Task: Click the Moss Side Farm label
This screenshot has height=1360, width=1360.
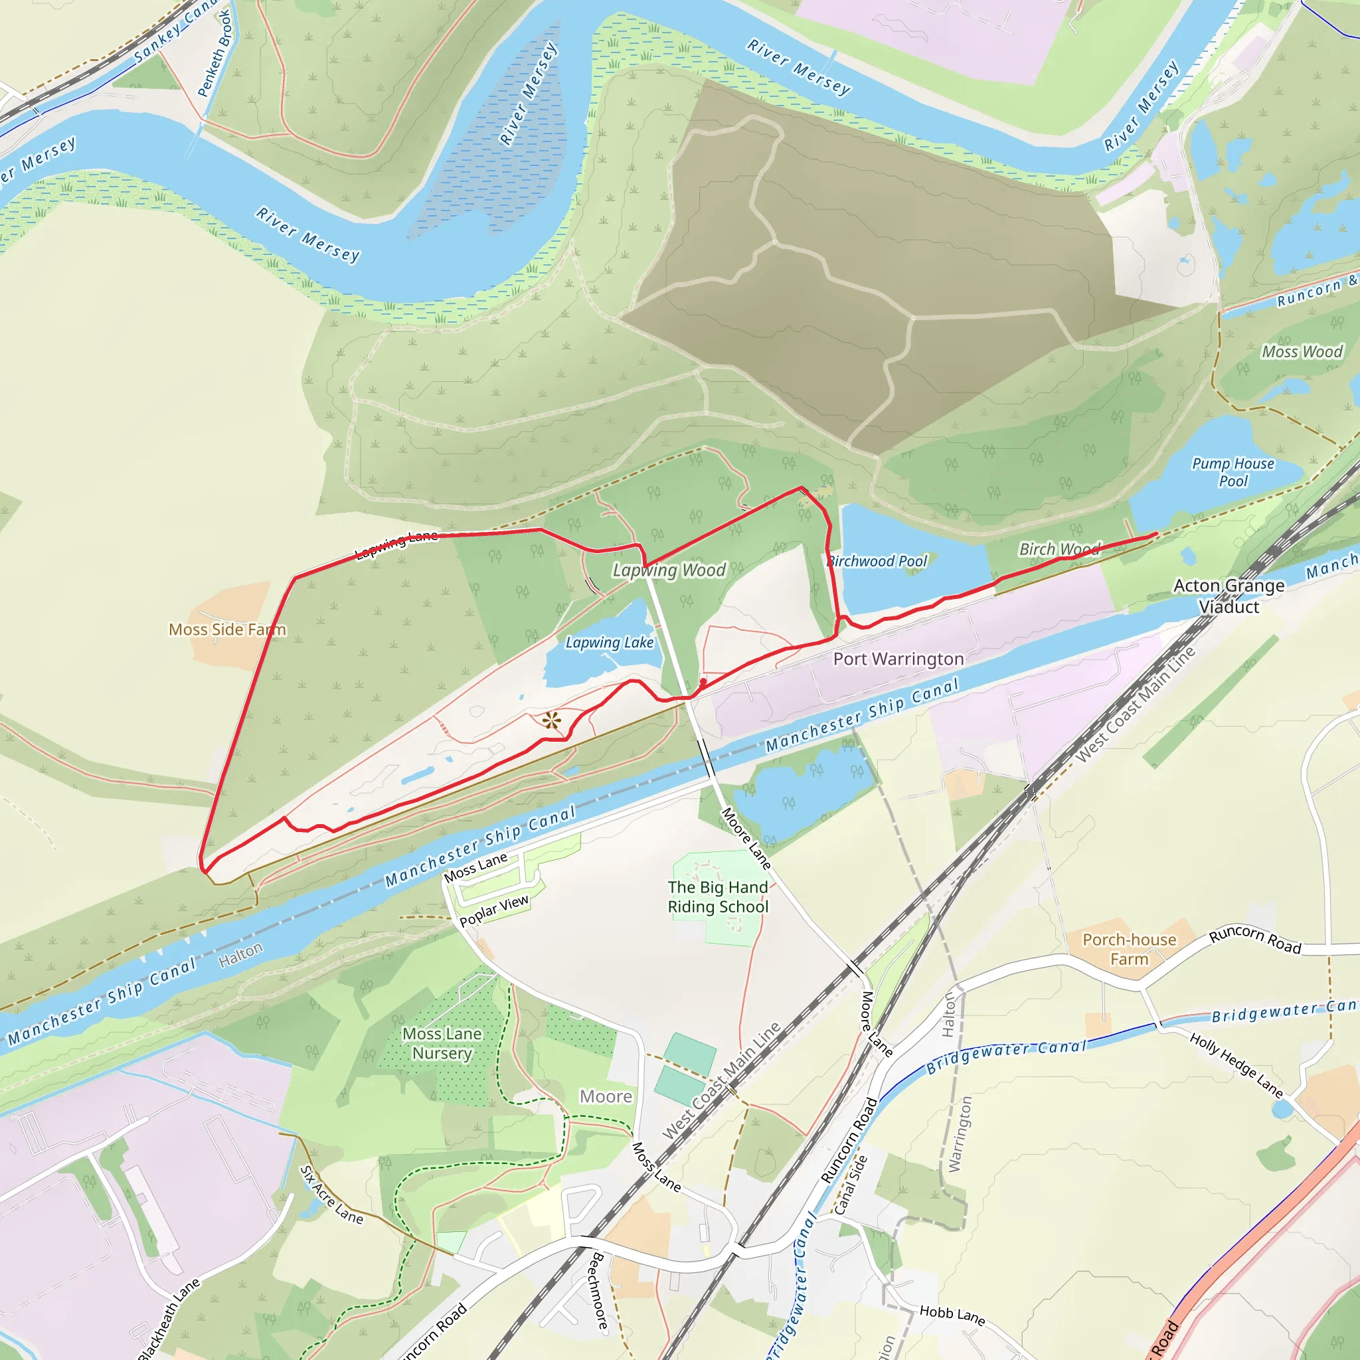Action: tap(227, 630)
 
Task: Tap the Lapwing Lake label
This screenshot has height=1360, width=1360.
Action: tap(610, 643)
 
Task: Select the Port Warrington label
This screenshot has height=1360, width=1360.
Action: tap(898, 659)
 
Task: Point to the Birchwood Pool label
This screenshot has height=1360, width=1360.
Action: tap(878, 561)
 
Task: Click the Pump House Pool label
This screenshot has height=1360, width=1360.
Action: tap(1232, 472)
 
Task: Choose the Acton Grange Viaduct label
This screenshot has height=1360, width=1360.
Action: tap(1229, 596)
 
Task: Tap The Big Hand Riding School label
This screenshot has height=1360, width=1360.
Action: tap(718, 896)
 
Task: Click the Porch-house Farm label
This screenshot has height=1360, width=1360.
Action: tap(1129, 949)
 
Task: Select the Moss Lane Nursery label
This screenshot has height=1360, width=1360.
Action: tap(442, 1043)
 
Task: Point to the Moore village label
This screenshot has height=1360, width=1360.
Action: tap(606, 1097)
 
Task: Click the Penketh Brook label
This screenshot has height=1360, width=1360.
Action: tap(214, 53)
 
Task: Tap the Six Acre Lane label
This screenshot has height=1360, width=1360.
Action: tap(331, 1195)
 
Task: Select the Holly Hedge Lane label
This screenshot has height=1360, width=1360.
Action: tap(1236, 1065)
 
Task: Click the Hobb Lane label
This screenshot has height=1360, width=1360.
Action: tap(952, 1315)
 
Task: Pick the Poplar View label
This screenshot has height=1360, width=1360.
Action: tap(493, 911)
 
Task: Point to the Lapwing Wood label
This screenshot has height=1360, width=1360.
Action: tap(669, 570)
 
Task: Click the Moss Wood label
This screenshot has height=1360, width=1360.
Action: tap(1302, 352)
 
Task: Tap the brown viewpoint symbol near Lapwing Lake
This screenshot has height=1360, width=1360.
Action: tap(552, 721)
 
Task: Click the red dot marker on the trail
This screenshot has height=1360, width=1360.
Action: tap(703, 682)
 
